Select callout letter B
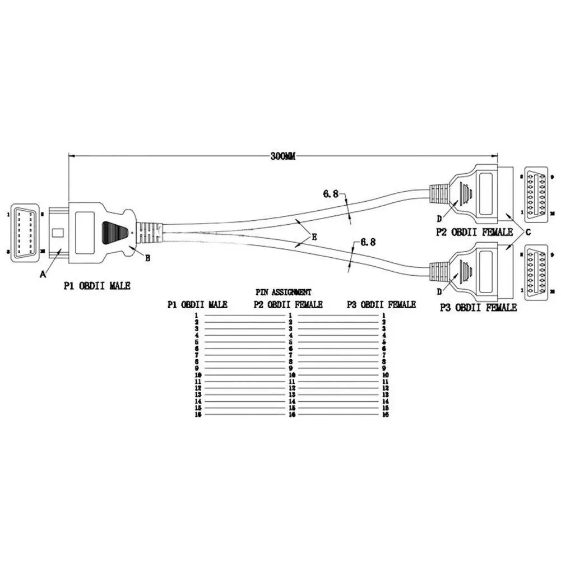[x=148, y=258]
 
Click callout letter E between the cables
[x=314, y=238]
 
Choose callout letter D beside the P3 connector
[x=440, y=291]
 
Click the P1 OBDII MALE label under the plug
[x=96, y=286]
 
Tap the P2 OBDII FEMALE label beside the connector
[x=474, y=232]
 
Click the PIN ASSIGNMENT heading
[x=284, y=292]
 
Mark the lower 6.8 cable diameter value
[x=367, y=242]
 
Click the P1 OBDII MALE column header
[x=197, y=304]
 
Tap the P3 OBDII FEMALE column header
[x=381, y=304]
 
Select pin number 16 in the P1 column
[x=197, y=415]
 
